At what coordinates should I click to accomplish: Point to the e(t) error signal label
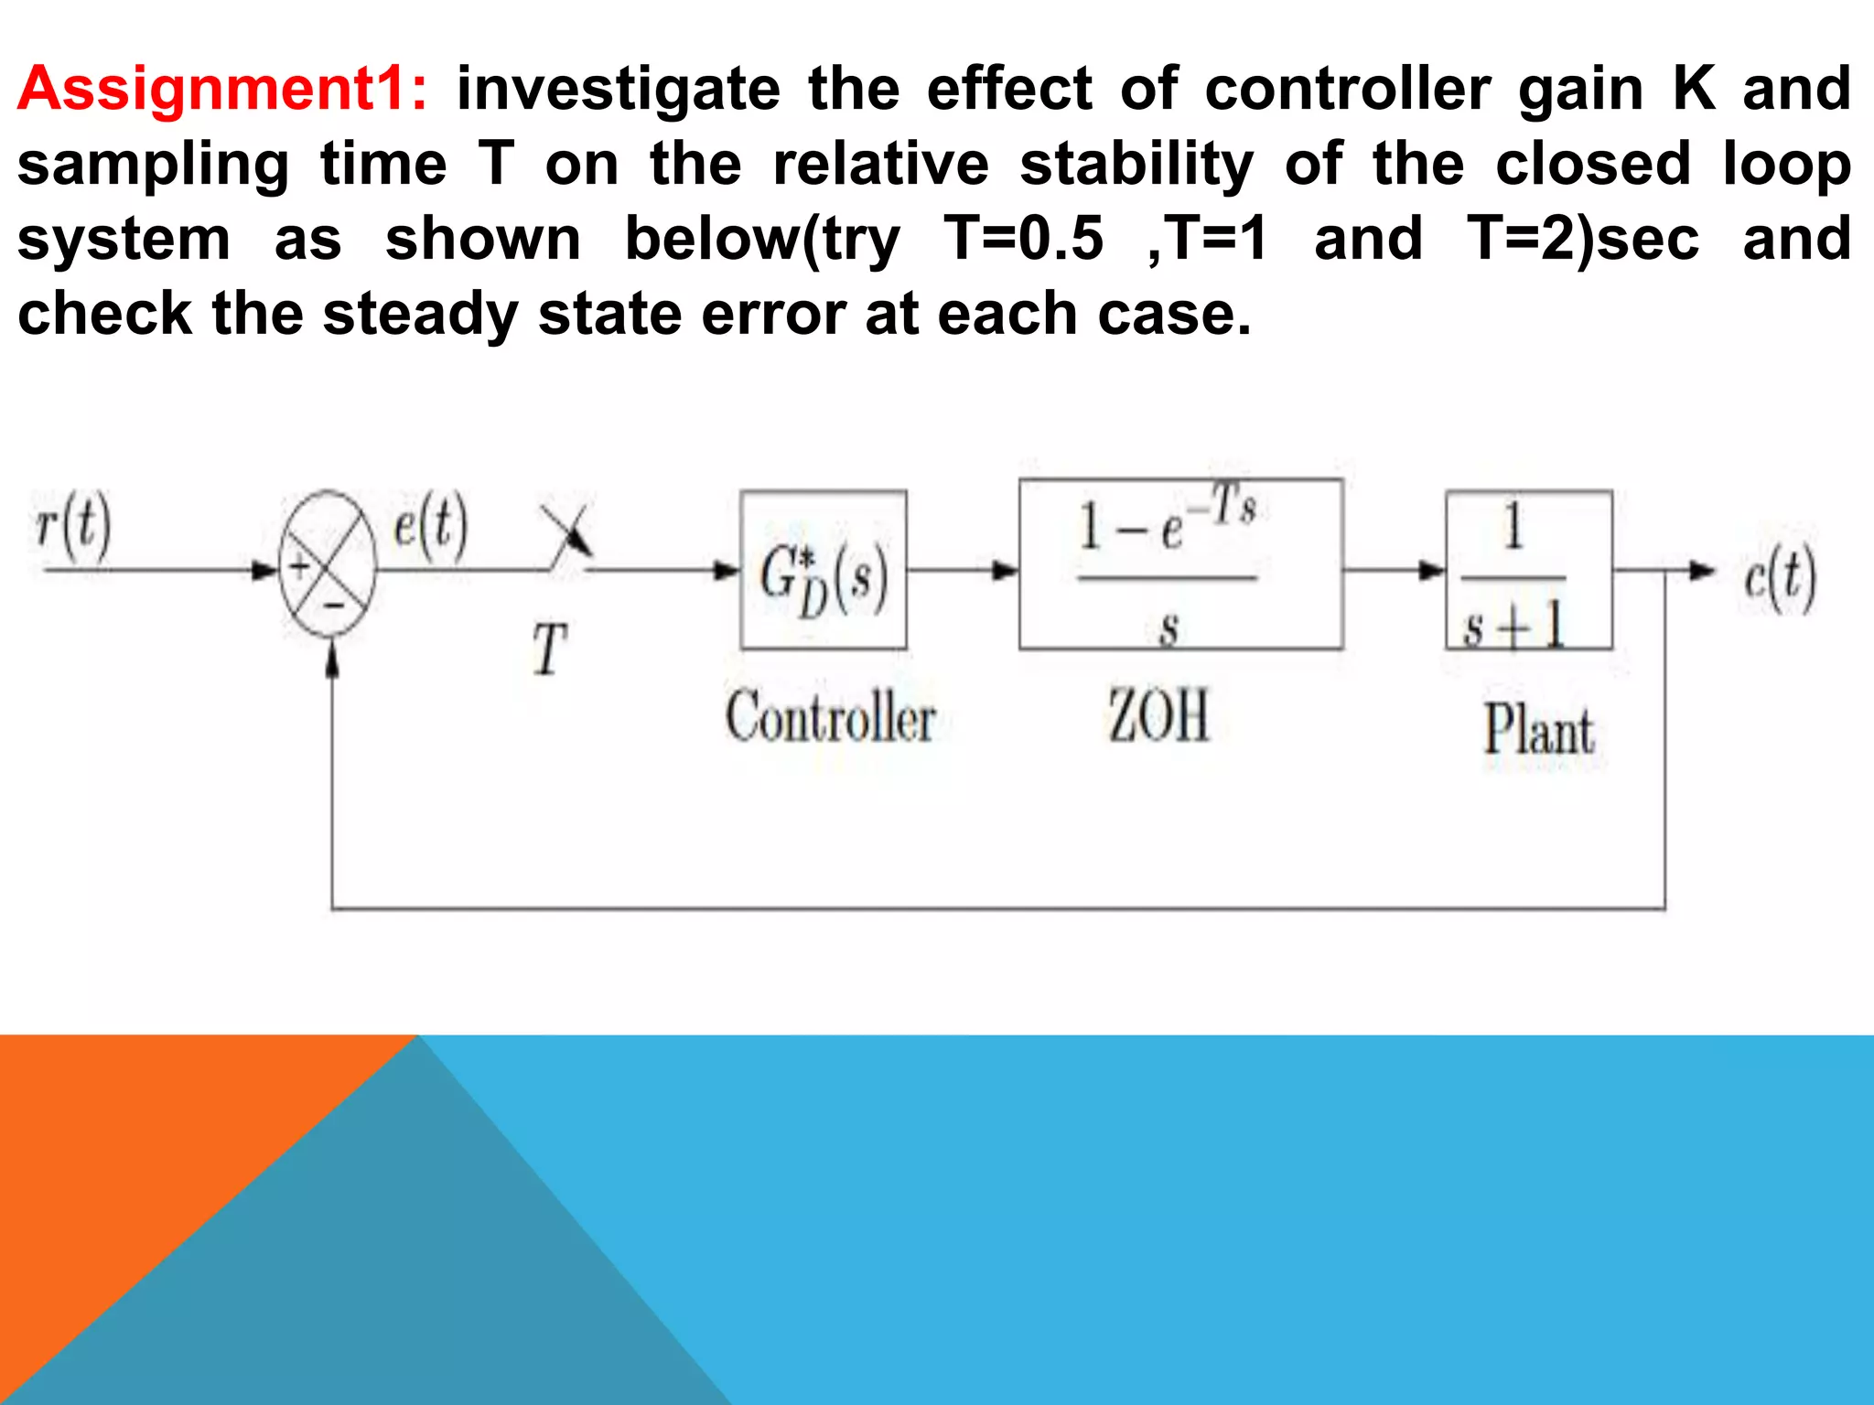[430, 525]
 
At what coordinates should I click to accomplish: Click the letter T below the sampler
[550, 649]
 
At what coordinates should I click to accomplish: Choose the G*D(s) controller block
[824, 570]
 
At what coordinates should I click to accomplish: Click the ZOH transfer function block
[1180, 564]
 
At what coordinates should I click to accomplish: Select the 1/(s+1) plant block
[1528, 570]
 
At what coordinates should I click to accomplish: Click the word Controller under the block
[831, 718]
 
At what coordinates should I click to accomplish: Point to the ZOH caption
[1158, 716]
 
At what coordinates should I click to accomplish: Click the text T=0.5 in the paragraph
[1023, 240]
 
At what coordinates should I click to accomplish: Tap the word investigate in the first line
[619, 90]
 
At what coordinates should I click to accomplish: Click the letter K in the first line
[1694, 90]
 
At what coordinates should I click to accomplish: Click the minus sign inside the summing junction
[335, 604]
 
